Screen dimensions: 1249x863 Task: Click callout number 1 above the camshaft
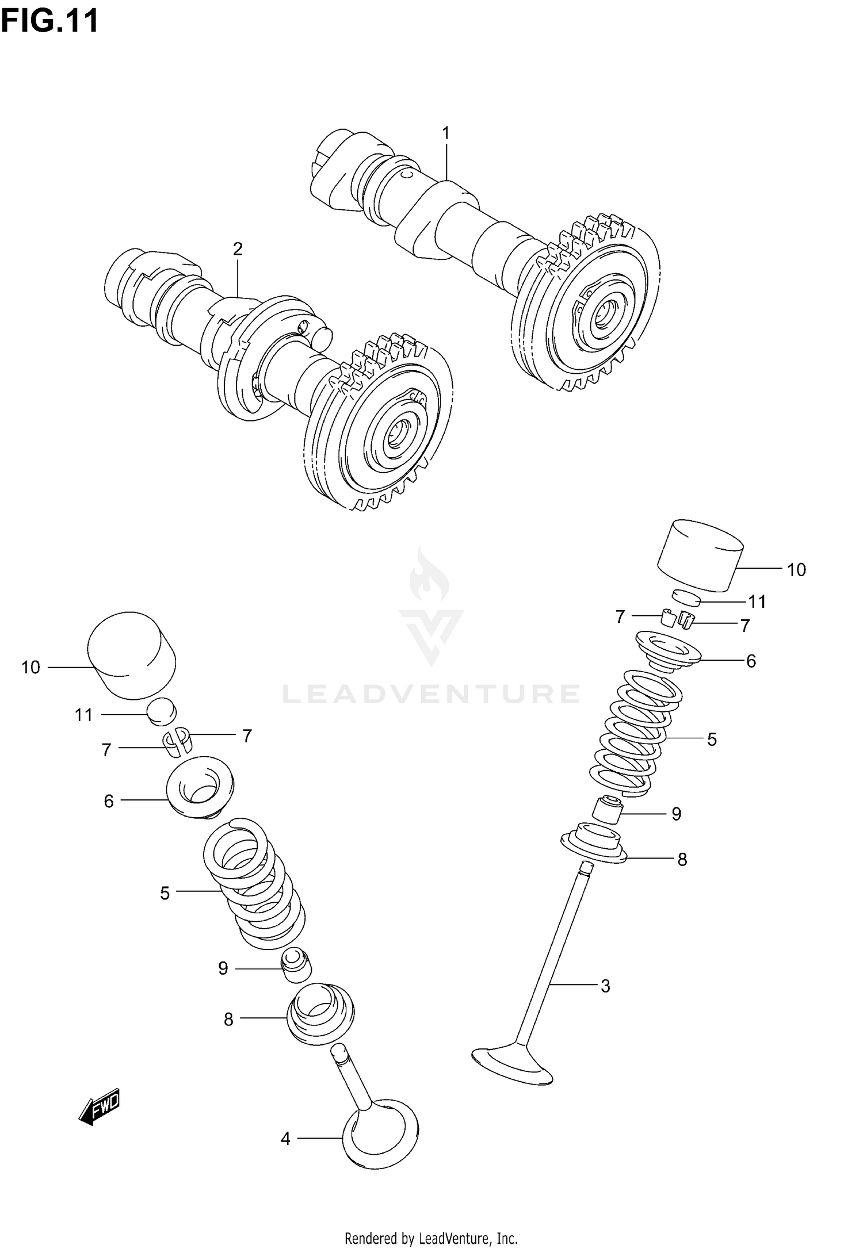pyautogui.click(x=445, y=133)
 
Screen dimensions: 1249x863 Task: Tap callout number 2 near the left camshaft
pyautogui.click(x=238, y=249)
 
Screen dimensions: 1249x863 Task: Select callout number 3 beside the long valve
pyautogui.click(x=605, y=986)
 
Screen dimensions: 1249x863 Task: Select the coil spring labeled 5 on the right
pyautogui.click(x=633, y=733)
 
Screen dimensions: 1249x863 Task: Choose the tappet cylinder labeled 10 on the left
pyautogui.click(x=131, y=656)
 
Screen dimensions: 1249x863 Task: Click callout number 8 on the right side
pyautogui.click(x=682, y=859)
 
